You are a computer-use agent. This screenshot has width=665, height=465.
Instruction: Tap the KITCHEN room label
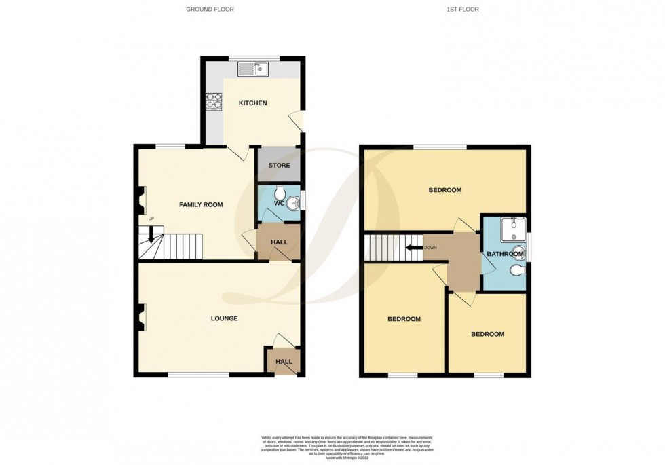pyautogui.click(x=252, y=103)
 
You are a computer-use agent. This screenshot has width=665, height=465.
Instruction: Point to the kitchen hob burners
pyautogui.click(x=214, y=100)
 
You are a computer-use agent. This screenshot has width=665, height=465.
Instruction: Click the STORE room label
pyautogui.click(x=279, y=165)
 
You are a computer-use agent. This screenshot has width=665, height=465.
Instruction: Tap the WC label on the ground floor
pyautogui.click(x=279, y=202)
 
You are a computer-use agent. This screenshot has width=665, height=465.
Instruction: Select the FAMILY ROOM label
pyautogui.click(x=201, y=204)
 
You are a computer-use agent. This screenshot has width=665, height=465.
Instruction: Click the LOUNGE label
pyautogui.click(x=224, y=318)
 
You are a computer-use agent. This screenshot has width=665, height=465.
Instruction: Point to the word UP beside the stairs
pyautogui.click(x=151, y=218)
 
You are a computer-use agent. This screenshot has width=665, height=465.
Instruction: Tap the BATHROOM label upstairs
pyautogui.click(x=505, y=255)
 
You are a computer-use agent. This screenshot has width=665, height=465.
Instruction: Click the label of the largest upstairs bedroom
pyautogui.click(x=444, y=190)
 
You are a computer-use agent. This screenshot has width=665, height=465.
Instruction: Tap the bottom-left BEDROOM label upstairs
pyautogui.click(x=404, y=319)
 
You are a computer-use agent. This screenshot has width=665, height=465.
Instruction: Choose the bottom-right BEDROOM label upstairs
pyautogui.click(x=487, y=334)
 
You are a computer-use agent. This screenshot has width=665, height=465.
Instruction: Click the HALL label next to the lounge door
pyautogui.click(x=284, y=361)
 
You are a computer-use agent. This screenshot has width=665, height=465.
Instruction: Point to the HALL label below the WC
pyautogui.click(x=279, y=242)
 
